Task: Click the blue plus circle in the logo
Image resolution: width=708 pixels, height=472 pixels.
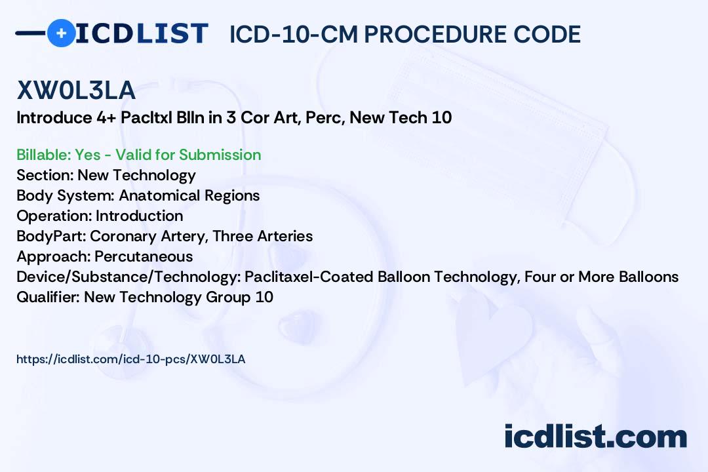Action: point(61,33)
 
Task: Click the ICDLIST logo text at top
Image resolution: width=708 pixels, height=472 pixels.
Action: point(142,33)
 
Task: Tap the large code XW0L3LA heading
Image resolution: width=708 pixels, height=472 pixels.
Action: point(76,90)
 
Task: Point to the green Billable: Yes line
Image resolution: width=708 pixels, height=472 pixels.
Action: point(138,155)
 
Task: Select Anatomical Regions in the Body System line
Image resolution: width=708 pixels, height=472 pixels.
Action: point(189,195)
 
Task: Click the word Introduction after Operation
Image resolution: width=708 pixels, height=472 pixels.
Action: point(139,216)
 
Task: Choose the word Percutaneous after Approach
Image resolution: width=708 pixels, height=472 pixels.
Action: point(144,256)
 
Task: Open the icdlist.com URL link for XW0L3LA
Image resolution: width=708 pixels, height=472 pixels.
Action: point(130,359)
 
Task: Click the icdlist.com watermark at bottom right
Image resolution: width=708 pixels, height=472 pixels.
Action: point(595,437)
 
